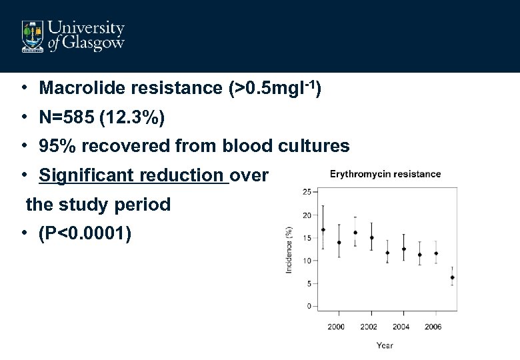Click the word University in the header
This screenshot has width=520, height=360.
coord(87,29)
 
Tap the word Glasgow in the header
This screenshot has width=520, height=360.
coord(95,44)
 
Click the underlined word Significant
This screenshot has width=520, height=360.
coord(83,175)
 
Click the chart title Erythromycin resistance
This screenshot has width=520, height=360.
coord(385,174)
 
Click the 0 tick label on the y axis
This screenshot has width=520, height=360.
coord(309,306)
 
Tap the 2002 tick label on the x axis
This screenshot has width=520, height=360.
coord(369,327)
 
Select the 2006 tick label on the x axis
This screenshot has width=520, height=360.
coord(433,327)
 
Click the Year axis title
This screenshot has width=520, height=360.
coord(385,345)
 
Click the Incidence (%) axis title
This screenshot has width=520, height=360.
coord(289,249)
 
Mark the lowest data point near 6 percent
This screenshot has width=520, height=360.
coord(452,277)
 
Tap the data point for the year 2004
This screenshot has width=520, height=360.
coord(404,249)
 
